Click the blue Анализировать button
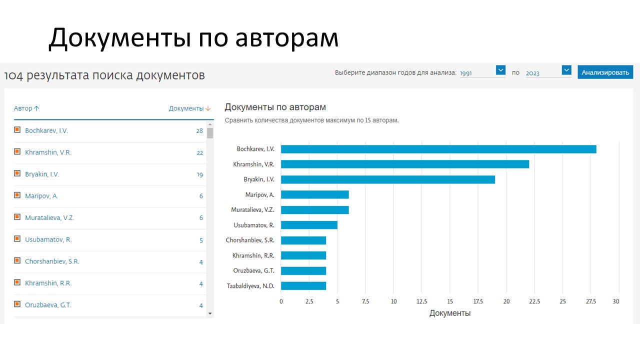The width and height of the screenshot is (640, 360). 605,72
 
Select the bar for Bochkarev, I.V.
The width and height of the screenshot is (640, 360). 438,149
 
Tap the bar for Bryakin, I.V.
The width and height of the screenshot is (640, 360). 387,179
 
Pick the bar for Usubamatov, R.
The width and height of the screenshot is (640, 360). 309,225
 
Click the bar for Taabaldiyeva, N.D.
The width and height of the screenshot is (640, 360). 303,286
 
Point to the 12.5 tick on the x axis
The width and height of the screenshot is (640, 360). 421,301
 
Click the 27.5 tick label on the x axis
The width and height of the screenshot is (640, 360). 590,301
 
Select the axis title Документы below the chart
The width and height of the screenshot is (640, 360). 449,313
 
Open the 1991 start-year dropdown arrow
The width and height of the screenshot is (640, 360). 500,70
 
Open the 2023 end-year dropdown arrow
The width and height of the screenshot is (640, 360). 566,70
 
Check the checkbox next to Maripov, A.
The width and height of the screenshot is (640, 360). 17,195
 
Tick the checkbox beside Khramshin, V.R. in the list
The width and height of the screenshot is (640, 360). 17,152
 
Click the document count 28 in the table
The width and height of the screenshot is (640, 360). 199,131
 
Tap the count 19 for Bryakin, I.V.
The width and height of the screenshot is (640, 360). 199,174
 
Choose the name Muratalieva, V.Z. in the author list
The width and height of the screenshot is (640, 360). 49,218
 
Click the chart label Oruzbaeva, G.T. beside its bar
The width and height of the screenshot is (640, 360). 253,271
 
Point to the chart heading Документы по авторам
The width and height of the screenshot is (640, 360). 275,107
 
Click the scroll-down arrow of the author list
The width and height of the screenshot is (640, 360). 210,313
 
